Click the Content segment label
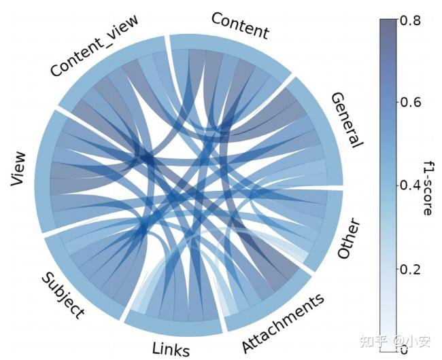tap(240, 25)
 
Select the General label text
tap(347, 120)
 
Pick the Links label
tap(171, 348)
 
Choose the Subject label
tap(63, 295)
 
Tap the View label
tap(18, 173)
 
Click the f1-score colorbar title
tap(426, 186)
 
